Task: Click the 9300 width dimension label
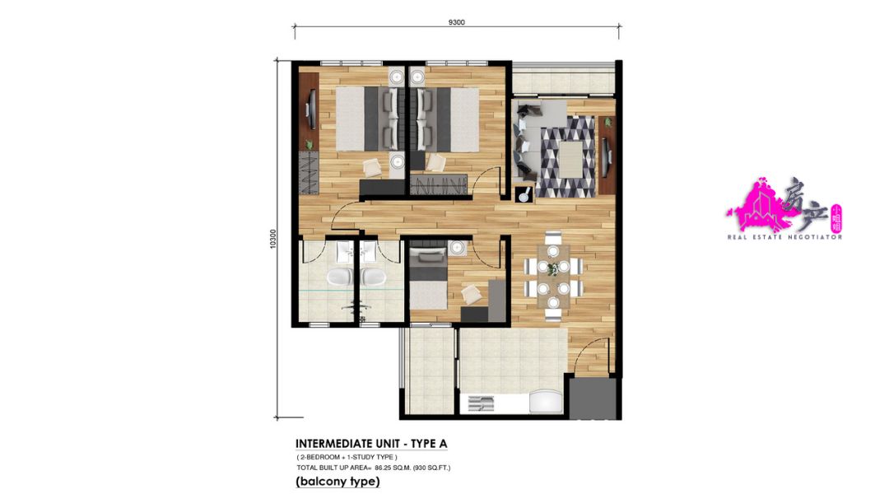tap(457, 22)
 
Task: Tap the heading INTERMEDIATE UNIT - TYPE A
tap(371, 444)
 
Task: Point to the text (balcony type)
tap(337, 481)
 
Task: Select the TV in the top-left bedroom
tap(310, 107)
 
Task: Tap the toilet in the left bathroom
tap(340, 277)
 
